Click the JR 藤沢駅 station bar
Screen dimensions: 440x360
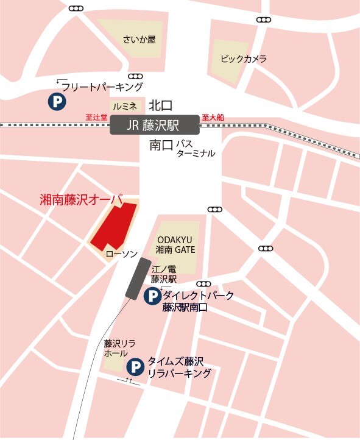point(155,125)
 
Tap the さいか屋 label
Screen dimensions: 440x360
point(139,40)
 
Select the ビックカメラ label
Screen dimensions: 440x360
point(244,59)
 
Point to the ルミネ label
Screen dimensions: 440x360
point(124,106)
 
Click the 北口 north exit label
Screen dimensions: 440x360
point(161,105)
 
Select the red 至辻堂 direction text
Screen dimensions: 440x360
point(96,118)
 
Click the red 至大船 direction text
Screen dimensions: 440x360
point(213,118)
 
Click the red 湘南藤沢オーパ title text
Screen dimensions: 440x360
point(81,199)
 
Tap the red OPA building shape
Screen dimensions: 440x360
point(115,225)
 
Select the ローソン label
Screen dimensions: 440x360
point(122,252)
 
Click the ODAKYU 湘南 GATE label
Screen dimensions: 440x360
point(176,245)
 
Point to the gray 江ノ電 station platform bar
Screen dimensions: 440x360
point(138,278)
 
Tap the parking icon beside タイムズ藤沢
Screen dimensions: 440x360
point(135,367)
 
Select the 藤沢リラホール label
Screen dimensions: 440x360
point(115,348)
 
